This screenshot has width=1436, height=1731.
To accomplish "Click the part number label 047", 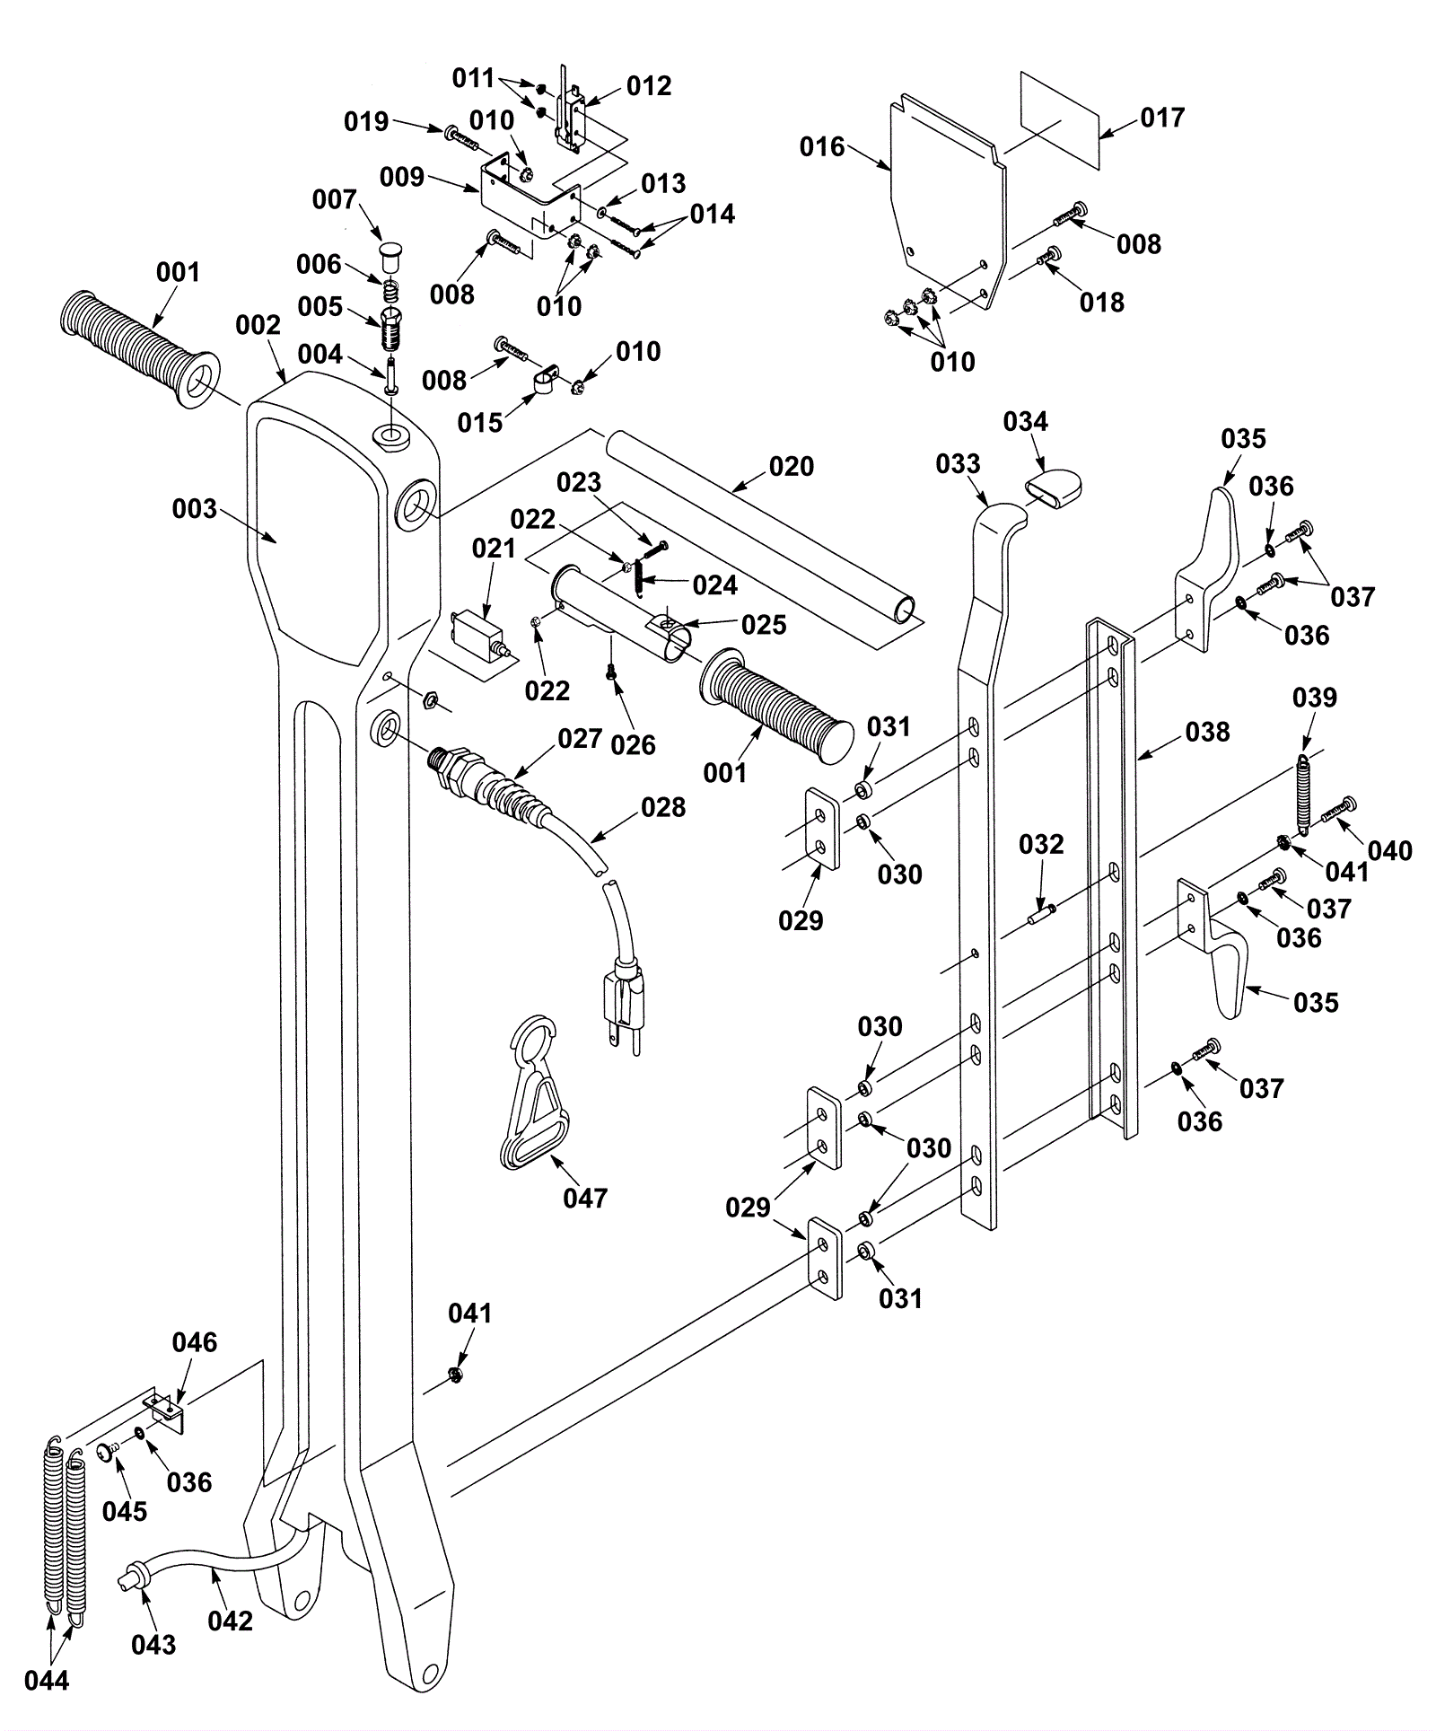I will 585,1198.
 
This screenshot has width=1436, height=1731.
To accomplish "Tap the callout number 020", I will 792,466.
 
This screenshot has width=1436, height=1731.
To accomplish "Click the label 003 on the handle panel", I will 195,509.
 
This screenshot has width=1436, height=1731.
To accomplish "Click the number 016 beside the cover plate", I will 823,146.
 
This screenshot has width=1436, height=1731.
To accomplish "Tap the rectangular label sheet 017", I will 1060,120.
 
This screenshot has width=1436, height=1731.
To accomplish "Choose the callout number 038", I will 1207,732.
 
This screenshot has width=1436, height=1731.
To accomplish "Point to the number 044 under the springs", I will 47,1680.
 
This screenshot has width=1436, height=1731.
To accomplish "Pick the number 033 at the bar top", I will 959,463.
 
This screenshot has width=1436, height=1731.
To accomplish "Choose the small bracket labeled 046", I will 166,1409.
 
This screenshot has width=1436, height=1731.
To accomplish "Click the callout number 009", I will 401,176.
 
